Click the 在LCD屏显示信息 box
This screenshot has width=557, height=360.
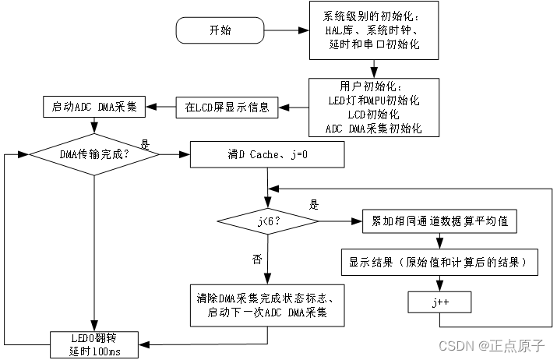(227, 107)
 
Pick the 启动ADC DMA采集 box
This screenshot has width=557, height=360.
(93, 107)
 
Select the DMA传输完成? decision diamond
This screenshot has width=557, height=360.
(93, 154)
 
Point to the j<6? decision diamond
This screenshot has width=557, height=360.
(267, 221)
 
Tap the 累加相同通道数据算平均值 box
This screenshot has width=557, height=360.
(440, 221)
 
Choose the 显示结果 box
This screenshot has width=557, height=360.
(440, 263)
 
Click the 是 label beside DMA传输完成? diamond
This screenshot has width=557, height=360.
(145, 144)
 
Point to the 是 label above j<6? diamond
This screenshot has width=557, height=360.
(315, 205)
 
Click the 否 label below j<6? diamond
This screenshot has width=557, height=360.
(257, 257)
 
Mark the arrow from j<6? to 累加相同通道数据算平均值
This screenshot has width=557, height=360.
(340, 221)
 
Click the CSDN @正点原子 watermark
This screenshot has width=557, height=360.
(495, 344)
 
